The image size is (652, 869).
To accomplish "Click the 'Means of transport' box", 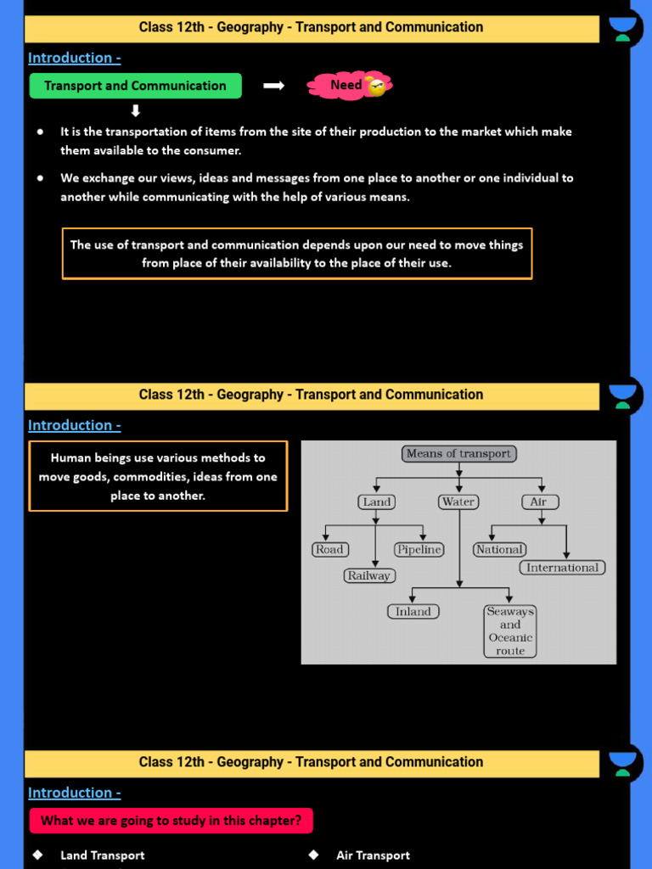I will pyautogui.click(x=459, y=453).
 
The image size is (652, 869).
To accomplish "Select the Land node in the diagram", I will pyautogui.click(x=376, y=502).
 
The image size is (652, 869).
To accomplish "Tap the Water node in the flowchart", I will pyautogui.click(x=458, y=502).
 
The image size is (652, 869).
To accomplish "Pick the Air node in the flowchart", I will pyautogui.click(x=538, y=502).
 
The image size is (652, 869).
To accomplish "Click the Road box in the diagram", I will pyautogui.click(x=329, y=549).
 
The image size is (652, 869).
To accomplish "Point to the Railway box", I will pyautogui.click(x=369, y=575).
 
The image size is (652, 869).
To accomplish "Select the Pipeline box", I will pyautogui.click(x=419, y=549).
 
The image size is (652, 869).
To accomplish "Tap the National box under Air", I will pyautogui.click(x=499, y=549).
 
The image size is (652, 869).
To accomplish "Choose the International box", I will pyautogui.click(x=563, y=568).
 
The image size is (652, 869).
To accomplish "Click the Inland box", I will pyautogui.click(x=413, y=611).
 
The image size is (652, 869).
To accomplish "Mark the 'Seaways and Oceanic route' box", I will pyautogui.click(x=510, y=631).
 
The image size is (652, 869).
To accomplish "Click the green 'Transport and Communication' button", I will pyautogui.click(x=135, y=86).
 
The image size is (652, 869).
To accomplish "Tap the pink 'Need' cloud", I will pyautogui.click(x=349, y=85).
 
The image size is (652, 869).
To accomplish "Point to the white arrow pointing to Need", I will pyautogui.click(x=273, y=86).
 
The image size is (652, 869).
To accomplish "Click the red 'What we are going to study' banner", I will pyautogui.click(x=171, y=821).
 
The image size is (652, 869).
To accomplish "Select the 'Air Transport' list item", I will pyautogui.click(x=373, y=855).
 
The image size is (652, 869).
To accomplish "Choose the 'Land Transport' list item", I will pyautogui.click(x=102, y=855).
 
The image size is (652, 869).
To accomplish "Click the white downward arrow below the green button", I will pyautogui.click(x=135, y=111).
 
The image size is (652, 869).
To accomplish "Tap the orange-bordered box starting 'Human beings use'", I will pyautogui.click(x=158, y=476).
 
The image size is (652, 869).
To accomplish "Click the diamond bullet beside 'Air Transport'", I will pyautogui.click(x=313, y=855).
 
